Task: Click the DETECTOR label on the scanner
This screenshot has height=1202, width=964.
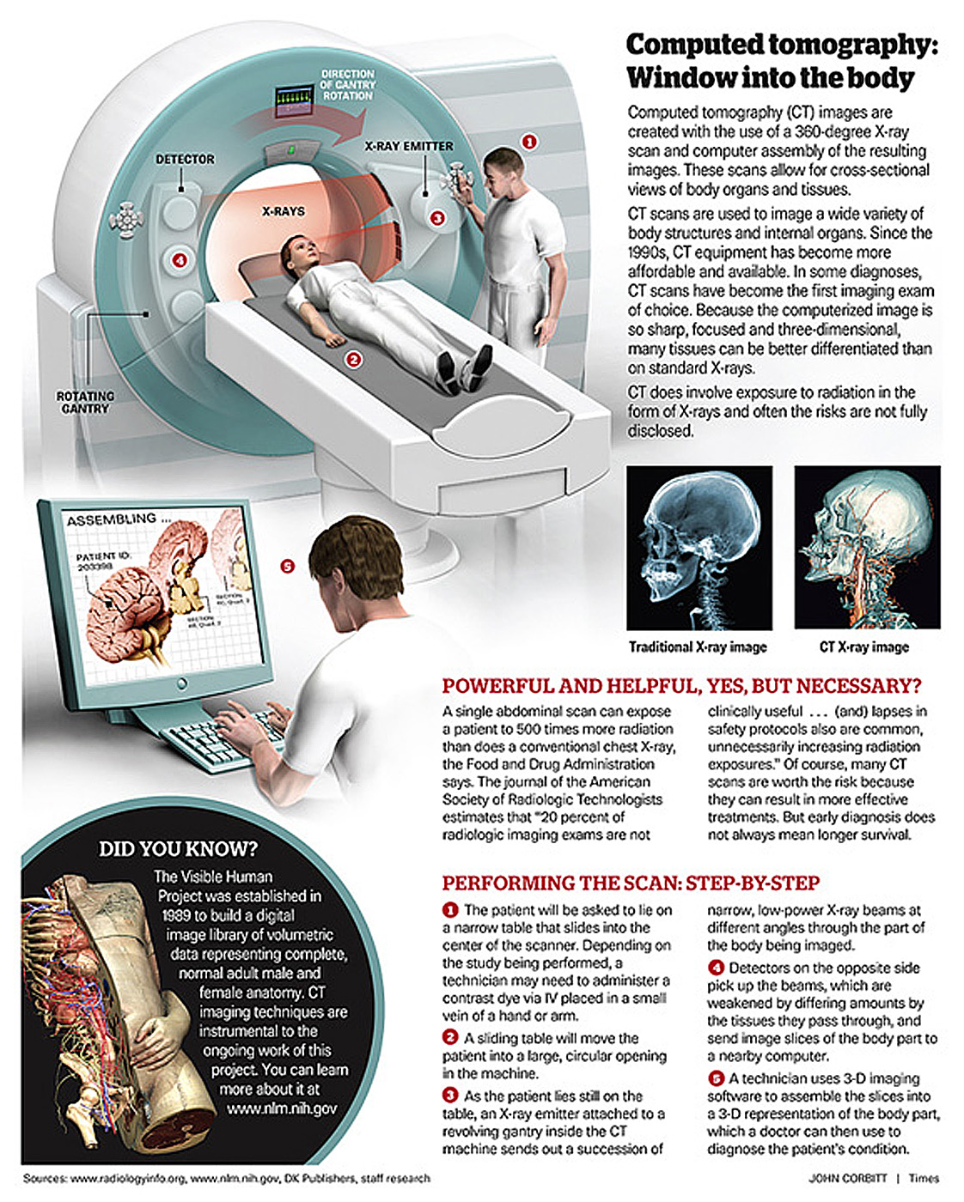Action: [x=185, y=159]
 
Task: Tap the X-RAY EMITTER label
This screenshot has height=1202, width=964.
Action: [x=408, y=146]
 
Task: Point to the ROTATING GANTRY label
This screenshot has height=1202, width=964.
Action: [x=85, y=402]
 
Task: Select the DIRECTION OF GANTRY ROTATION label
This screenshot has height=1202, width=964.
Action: [x=347, y=85]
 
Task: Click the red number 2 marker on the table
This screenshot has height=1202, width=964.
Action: [x=353, y=360]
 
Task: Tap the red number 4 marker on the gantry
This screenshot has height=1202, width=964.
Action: [x=180, y=259]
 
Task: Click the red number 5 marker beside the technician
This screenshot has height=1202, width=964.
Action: [x=287, y=566]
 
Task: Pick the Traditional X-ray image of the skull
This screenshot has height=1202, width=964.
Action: [x=699, y=548]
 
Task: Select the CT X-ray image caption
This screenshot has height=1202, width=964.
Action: [x=863, y=647]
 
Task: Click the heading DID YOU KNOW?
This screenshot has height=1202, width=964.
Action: [x=178, y=849]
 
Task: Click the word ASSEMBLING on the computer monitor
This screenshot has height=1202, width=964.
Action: [x=112, y=520]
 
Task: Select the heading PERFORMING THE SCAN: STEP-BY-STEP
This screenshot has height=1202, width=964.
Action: [x=631, y=883]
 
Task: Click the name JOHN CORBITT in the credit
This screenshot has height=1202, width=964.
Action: [x=847, y=1178]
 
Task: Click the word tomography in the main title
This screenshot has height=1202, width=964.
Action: [x=837, y=45]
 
